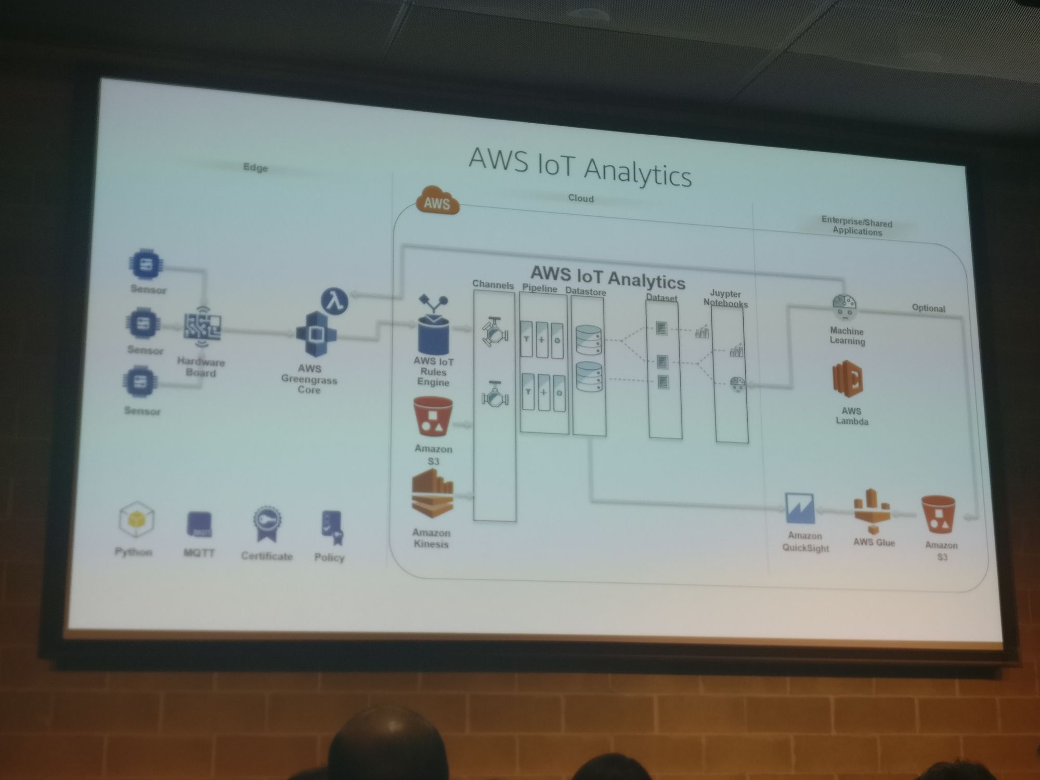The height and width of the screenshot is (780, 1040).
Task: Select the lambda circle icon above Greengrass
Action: click(334, 301)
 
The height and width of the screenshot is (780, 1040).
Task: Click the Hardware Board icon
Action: click(202, 327)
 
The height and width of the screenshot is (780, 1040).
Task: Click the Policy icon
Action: click(332, 527)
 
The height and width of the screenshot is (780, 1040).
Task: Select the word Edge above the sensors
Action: click(255, 167)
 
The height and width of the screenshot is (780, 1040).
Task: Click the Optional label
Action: click(928, 308)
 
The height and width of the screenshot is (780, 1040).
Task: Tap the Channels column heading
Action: click(492, 285)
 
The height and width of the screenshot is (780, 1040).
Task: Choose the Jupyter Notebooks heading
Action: click(725, 298)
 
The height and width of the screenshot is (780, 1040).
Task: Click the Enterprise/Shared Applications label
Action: click(857, 227)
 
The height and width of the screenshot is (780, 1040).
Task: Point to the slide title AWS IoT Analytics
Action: click(580, 165)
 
